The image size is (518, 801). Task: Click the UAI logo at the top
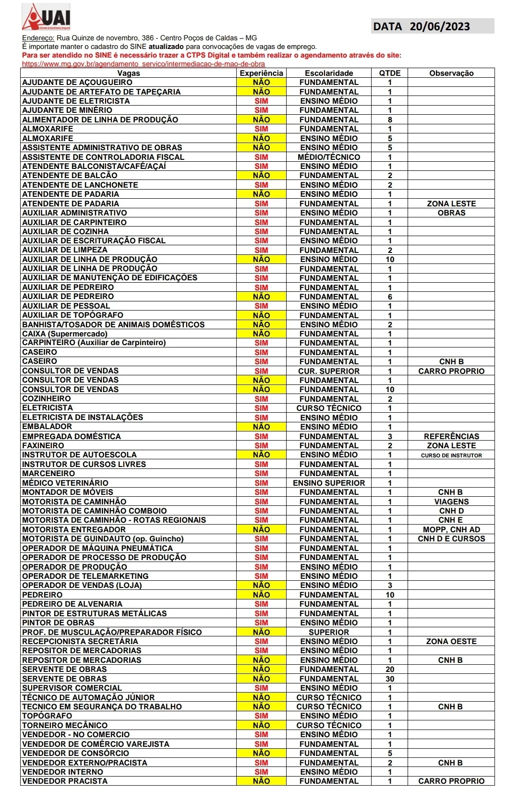click(47, 17)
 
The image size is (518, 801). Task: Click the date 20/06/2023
click(439, 26)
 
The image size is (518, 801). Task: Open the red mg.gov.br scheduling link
click(143, 64)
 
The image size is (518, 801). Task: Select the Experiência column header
click(261, 73)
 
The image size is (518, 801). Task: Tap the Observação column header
click(451, 73)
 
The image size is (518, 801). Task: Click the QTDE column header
click(389, 73)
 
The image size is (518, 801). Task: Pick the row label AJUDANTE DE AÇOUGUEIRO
click(77, 83)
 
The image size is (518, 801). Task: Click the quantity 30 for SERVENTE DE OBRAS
click(389, 679)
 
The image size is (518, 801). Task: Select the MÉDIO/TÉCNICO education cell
click(329, 157)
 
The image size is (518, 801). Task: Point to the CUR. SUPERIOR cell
click(329, 371)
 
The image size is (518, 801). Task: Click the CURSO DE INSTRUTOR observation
click(451, 455)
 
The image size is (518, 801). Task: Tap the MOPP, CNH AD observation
click(451, 529)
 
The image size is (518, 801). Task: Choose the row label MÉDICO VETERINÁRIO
click(65, 483)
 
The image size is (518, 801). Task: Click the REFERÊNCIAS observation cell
click(451, 436)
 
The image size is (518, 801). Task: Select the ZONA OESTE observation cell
click(451, 641)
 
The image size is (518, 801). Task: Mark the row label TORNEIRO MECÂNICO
click(65, 725)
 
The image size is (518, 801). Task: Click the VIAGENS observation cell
click(451, 502)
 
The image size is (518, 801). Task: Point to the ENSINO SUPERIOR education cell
click(329, 483)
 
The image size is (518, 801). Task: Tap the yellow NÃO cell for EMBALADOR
click(261, 427)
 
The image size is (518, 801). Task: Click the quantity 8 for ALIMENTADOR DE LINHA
click(389, 120)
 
